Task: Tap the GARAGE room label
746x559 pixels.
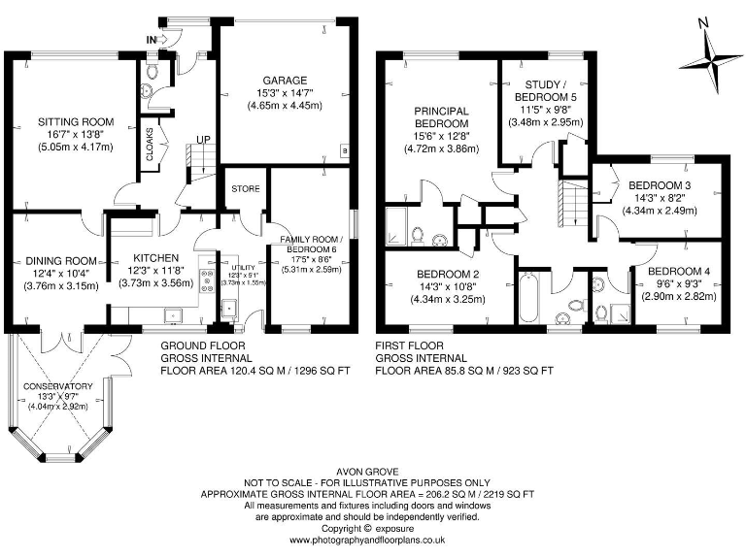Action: click(283, 81)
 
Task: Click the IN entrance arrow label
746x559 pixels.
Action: click(153, 39)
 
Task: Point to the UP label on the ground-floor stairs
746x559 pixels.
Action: click(203, 140)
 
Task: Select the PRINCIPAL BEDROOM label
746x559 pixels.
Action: click(442, 117)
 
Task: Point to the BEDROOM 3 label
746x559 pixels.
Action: click(660, 185)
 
